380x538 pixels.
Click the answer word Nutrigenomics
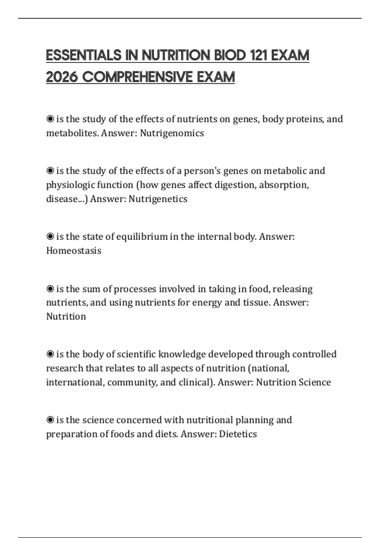[x=172, y=133]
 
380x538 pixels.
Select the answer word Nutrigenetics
[x=158, y=199]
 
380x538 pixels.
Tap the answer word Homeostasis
[x=74, y=251]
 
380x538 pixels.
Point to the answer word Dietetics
[x=238, y=434]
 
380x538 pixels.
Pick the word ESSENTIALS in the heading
[x=84, y=55]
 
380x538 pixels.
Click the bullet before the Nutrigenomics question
[x=50, y=119]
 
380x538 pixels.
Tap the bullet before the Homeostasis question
[x=50, y=236]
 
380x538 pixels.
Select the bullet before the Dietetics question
[x=50, y=420]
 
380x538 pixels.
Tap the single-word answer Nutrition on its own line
[x=66, y=316]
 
